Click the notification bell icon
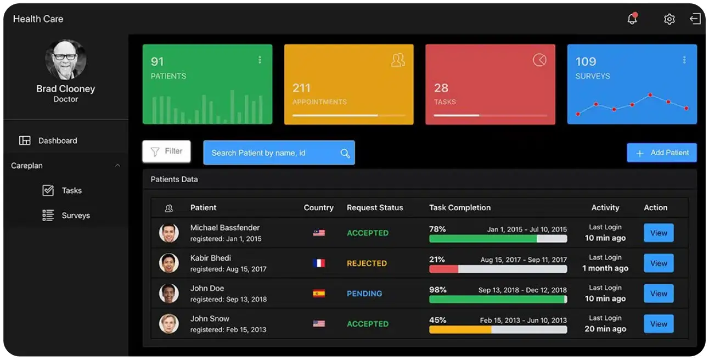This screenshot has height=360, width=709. point(632,19)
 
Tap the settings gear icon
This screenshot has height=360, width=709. point(669,19)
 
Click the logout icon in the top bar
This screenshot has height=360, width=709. point(695,19)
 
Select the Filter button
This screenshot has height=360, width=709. point(166,151)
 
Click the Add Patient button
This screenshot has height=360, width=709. point(662,153)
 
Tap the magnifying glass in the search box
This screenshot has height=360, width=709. point(345,153)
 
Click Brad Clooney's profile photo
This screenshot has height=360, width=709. point(66,60)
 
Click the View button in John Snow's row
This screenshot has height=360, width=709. point(659,324)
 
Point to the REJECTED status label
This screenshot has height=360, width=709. point(367,263)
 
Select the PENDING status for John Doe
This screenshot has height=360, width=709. point(364,294)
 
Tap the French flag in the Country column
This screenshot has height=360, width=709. point(319,263)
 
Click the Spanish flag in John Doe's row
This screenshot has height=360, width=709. point(319,294)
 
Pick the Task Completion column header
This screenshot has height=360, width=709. point(460,207)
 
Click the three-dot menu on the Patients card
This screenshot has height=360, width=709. point(260,60)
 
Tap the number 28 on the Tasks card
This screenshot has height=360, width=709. point(441,88)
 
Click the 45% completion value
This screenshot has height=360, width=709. point(437,320)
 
